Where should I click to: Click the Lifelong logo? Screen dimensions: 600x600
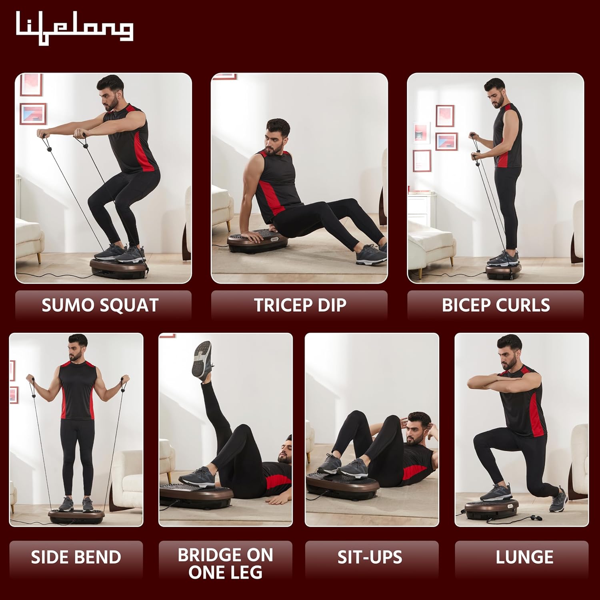pos(74,28)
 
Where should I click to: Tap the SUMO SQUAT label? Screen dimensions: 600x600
pos(100,305)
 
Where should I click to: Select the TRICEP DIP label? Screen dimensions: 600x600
pos(300,305)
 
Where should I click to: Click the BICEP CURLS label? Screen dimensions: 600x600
pos(496,305)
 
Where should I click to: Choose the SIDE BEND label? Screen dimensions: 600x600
pos(76,557)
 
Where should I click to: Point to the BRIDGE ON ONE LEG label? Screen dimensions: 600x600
pos(226,564)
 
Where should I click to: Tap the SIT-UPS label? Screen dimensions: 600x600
pos(370,557)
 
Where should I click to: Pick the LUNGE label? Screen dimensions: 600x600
pos(524,557)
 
